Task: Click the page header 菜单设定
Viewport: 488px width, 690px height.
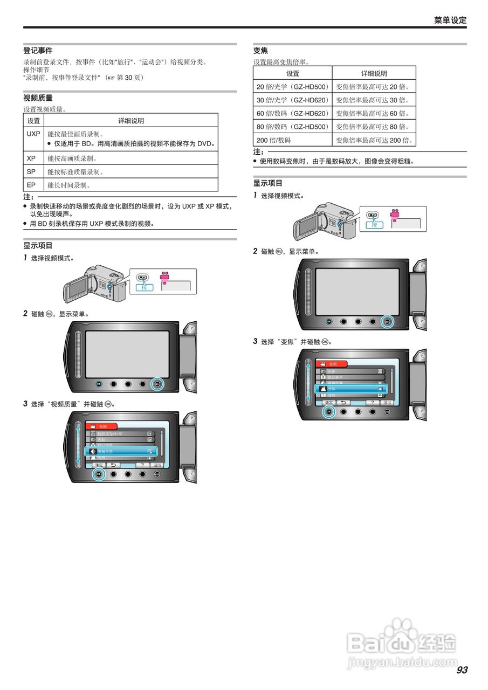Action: (450, 20)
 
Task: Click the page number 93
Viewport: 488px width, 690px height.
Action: (462, 670)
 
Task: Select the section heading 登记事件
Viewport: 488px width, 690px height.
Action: (38, 51)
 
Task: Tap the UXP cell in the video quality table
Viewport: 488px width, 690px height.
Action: (33, 134)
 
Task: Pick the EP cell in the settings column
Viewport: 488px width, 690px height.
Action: (31, 185)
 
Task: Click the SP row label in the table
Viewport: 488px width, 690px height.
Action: (31, 171)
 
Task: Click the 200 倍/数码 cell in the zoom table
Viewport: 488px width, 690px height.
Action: (273, 140)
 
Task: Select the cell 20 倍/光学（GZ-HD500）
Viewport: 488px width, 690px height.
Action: (292, 87)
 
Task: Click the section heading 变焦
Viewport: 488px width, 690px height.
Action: (260, 51)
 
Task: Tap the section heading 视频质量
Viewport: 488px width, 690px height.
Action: (38, 98)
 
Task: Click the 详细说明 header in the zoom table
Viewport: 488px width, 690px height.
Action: (374, 73)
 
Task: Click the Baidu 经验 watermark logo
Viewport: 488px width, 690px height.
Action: (402, 641)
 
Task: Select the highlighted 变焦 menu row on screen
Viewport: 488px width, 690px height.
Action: (350, 389)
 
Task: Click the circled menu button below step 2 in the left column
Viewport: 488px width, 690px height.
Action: (157, 384)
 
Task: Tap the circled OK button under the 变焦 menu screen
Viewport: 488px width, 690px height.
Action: (328, 411)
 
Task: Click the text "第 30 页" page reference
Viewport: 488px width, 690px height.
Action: (128, 78)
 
